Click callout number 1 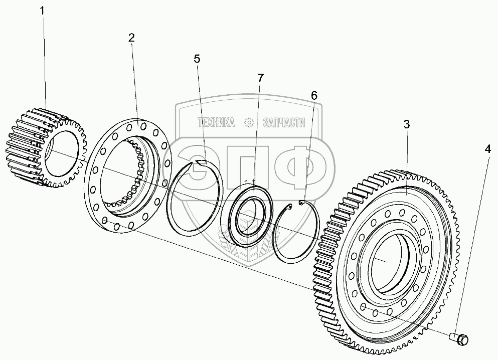pos(43,10)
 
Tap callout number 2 pos(131,38)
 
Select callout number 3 pos(407,124)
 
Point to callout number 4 pos(487,148)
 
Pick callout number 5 pos(197,59)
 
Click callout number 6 pos(314,95)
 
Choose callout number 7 pos(260,78)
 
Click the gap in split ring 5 pos(201,161)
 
